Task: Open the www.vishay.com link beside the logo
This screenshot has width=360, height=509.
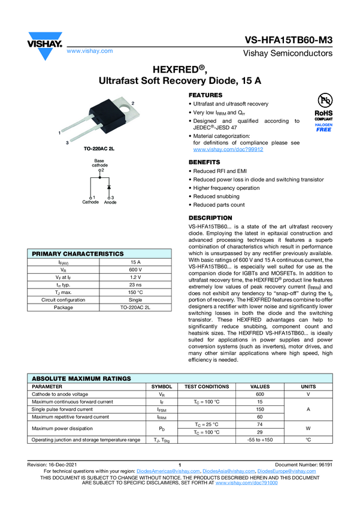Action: click(90, 51)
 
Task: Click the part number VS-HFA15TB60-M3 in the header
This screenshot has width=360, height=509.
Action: click(288, 40)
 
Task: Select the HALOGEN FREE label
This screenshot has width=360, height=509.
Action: click(323, 127)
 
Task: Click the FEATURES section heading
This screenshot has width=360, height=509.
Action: click(205, 95)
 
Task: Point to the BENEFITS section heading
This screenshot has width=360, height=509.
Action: click(204, 162)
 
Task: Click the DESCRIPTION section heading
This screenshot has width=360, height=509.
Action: click(210, 217)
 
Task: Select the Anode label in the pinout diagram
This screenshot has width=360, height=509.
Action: click(110, 202)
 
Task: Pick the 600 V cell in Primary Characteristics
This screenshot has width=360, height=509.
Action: click(135, 271)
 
